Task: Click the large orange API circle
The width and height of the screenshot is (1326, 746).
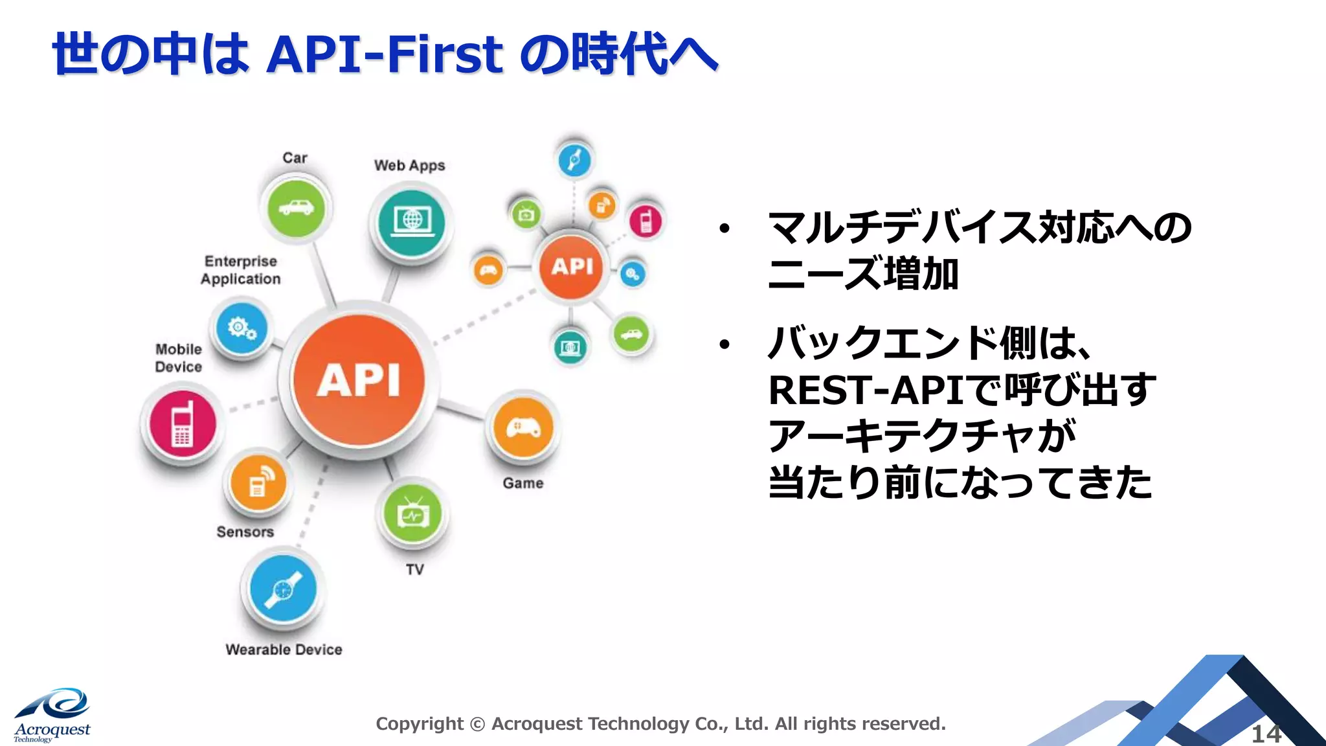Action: [359, 381]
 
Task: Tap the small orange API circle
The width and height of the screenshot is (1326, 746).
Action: [572, 266]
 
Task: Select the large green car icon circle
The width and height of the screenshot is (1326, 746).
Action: [296, 208]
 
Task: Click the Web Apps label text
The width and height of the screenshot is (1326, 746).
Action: [409, 165]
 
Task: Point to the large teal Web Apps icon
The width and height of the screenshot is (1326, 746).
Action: [411, 221]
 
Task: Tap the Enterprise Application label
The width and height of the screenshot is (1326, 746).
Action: [240, 270]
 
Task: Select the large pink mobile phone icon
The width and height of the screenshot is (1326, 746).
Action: [182, 424]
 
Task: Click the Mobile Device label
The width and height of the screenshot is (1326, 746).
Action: [178, 357]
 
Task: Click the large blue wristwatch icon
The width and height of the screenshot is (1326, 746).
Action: [283, 589]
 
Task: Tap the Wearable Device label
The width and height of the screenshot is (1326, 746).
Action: [284, 650]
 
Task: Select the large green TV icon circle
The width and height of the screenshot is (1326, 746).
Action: [412, 515]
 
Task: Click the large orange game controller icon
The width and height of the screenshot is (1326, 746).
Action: [523, 428]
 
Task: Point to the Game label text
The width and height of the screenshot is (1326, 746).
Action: [523, 483]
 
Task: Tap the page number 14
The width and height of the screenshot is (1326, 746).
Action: [1266, 734]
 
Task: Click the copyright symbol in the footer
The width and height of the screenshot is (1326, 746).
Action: [477, 724]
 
